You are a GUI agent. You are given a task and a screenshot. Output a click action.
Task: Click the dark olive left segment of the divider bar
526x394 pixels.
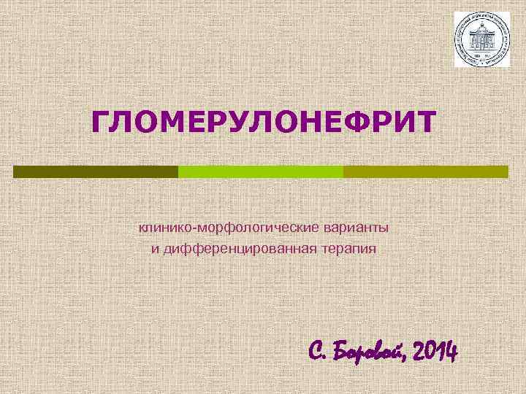tap(96, 171)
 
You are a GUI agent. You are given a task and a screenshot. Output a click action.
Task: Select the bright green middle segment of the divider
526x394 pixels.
tap(261, 171)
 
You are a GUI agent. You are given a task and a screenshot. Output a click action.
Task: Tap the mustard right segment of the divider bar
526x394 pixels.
tap(425, 171)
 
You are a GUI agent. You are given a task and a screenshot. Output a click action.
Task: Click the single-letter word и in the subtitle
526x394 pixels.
tap(155, 250)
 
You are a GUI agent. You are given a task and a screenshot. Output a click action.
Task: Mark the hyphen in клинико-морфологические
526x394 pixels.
tap(186, 228)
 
